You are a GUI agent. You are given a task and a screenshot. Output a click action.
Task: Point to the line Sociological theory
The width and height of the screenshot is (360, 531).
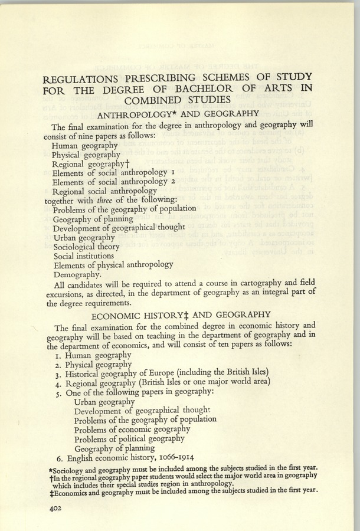(x=86, y=247)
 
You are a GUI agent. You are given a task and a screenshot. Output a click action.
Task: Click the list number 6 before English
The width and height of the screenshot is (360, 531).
(x=60, y=457)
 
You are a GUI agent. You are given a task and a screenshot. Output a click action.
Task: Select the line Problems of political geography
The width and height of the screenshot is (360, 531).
(x=129, y=438)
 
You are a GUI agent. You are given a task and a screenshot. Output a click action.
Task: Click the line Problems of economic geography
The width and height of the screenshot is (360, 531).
(x=132, y=429)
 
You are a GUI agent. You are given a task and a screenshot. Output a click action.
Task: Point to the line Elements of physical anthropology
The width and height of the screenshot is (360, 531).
(x=113, y=265)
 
